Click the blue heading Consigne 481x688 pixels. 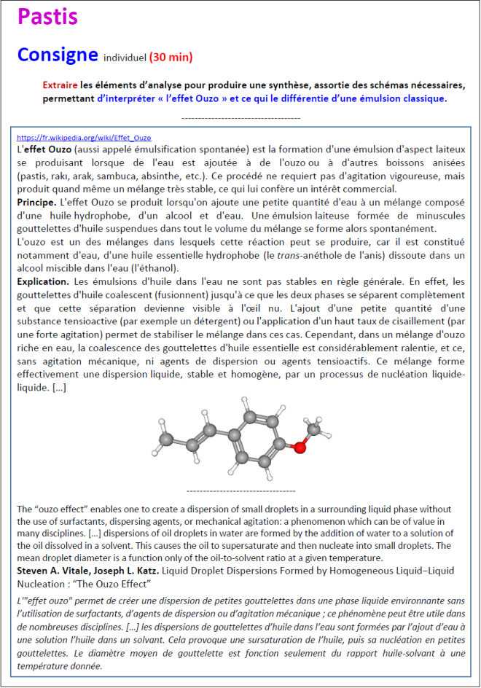(x=57, y=54)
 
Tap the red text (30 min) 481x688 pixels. (x=171, y=57)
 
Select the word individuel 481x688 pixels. (x=125, y=57)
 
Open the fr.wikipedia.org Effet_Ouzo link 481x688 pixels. (x=84, y=137)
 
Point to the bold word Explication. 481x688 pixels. (x=43, y=281)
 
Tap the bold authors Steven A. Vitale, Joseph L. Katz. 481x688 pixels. (x=84, y=570)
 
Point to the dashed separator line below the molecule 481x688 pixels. (x=240, y=491)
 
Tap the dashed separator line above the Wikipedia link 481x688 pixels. (x=240, y=117)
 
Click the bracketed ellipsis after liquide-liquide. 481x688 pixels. (x=59, y=388)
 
